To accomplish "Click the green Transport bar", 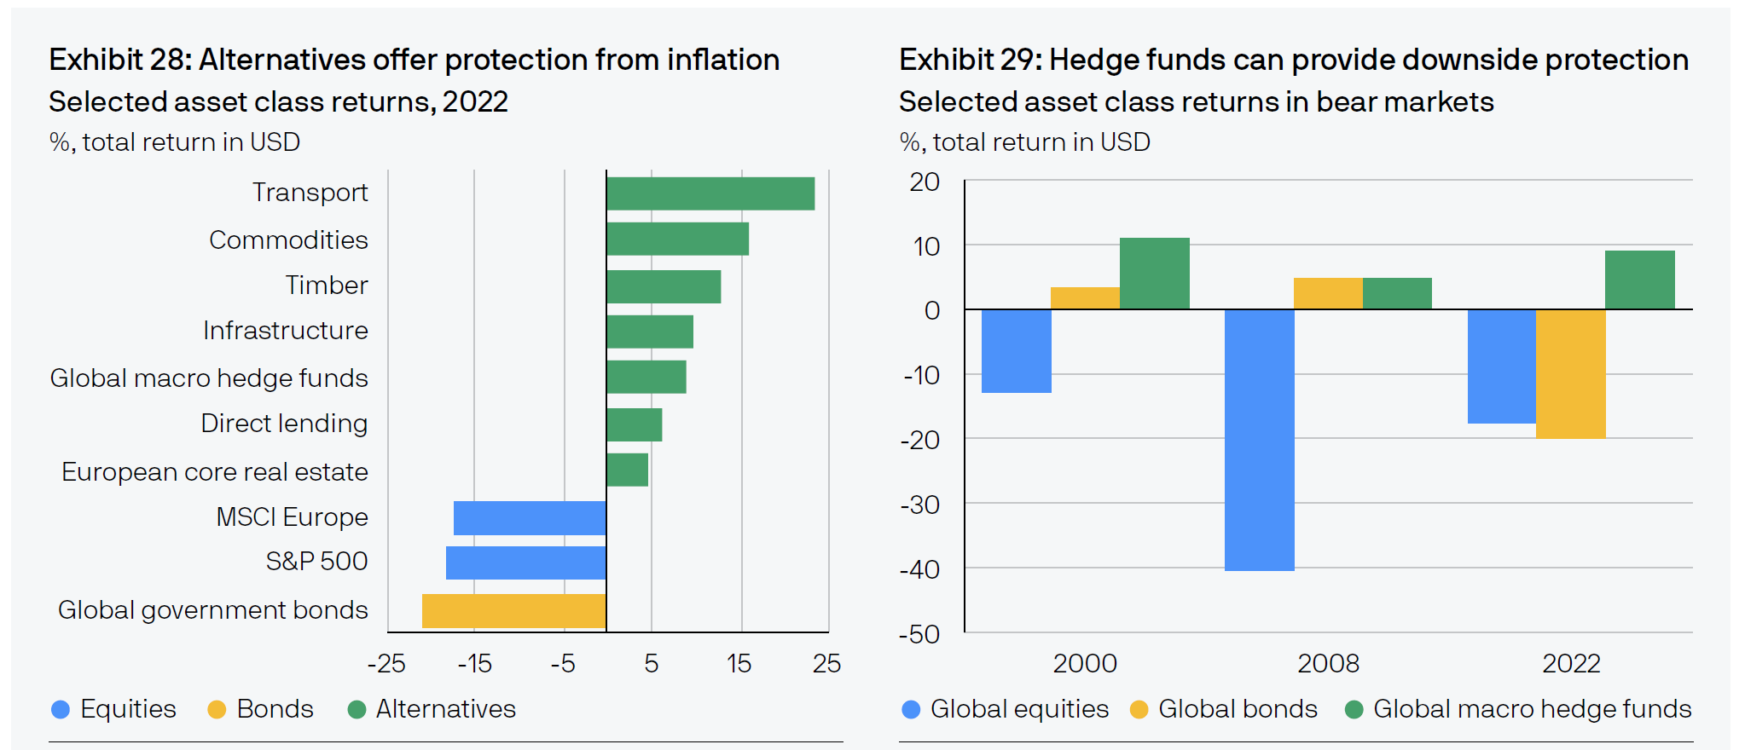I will (710, 193).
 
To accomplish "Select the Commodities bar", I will (677, 239).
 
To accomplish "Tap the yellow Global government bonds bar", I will (513, 610).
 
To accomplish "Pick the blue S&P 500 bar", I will (525, 562).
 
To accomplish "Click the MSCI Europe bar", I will (530, 517).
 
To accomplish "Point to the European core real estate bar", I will (627, 470).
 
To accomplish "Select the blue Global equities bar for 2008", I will (1259, 439).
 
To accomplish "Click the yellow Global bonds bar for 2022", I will (1570, 373).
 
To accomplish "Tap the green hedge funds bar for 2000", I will (1154, 273).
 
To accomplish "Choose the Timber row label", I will (327, 285).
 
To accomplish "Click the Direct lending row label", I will (284, 424).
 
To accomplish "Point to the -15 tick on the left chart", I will (475, 663).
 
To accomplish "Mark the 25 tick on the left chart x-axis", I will (826, 663).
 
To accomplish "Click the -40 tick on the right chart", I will (919, 569).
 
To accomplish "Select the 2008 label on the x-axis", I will (1328, 663).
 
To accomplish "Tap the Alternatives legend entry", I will (445, 709).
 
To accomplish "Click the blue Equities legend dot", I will (61, 709).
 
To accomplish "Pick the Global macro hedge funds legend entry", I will (1532, 709).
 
